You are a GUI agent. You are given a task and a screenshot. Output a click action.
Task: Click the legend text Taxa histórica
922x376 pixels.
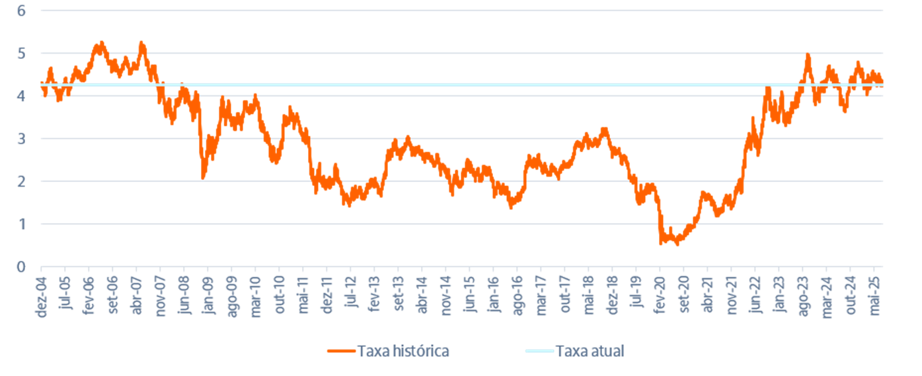coord(403,351)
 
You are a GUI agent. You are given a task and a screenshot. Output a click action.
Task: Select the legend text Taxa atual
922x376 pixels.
coord(590,351)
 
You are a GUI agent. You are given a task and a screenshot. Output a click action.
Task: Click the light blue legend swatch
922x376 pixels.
coord(538,351)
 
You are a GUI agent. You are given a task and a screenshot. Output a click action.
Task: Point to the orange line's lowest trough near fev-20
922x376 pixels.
coord(660,244)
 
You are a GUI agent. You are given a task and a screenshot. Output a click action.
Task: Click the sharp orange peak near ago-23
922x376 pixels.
coord(808,55)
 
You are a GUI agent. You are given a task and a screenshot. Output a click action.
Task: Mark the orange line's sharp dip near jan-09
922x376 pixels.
coord(203,178)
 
